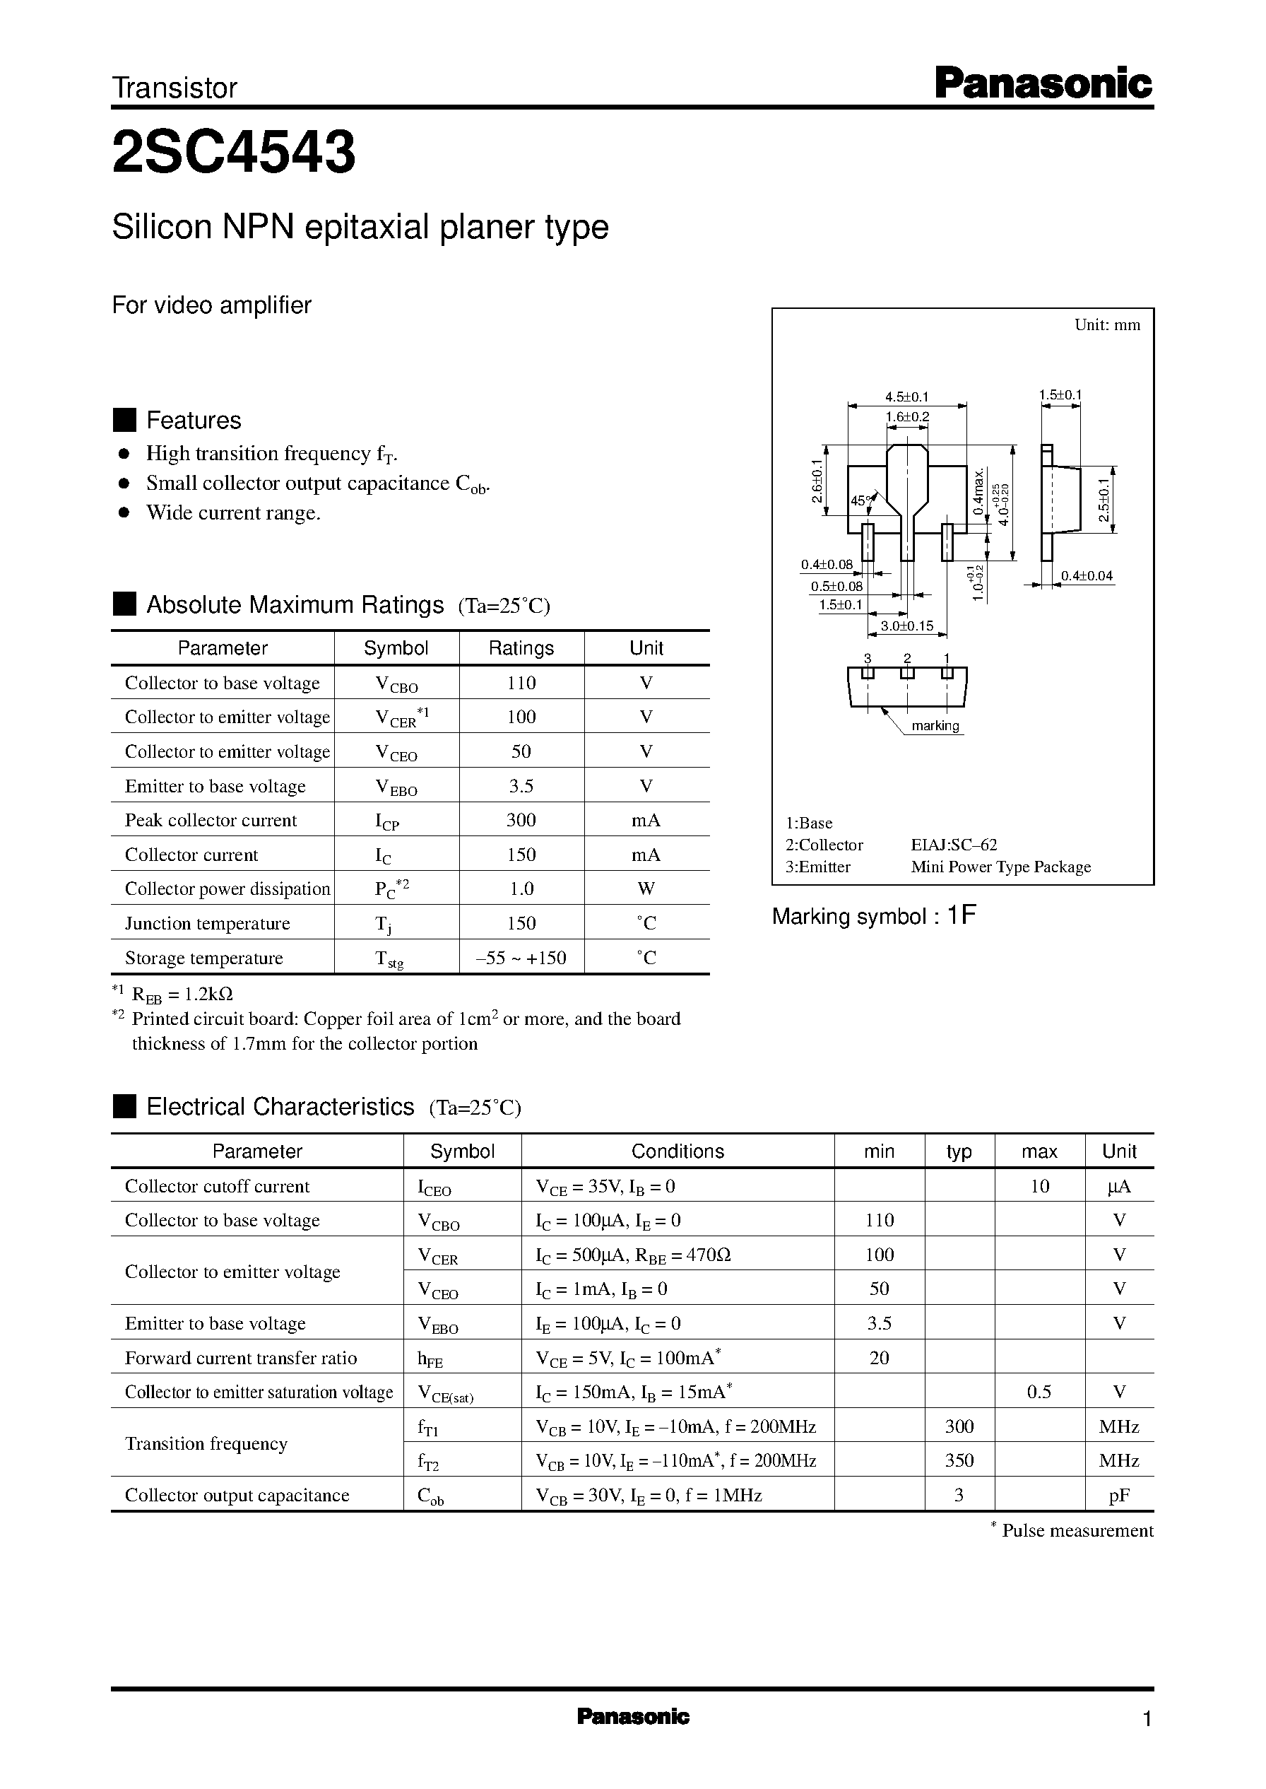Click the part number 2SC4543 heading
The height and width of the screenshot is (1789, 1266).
(234, 151)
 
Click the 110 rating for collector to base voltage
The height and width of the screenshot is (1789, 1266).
(521, 684)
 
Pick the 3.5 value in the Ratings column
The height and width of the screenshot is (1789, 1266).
(521, 786)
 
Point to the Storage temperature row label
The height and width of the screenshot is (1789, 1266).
(203, 958)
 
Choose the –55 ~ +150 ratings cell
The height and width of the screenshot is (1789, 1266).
(521, 958)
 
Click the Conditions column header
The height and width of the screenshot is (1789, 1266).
(677, 1151)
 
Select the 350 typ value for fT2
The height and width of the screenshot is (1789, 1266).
(959, 1461)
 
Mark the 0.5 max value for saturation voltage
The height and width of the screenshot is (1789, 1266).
(1039, 1392)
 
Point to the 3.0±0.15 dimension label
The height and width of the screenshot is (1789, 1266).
(906, 626)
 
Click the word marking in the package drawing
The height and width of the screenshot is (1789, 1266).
(935, 726)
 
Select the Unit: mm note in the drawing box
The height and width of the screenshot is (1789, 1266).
(1107, 325)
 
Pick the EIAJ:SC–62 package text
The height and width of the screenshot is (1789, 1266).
(954, 845)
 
